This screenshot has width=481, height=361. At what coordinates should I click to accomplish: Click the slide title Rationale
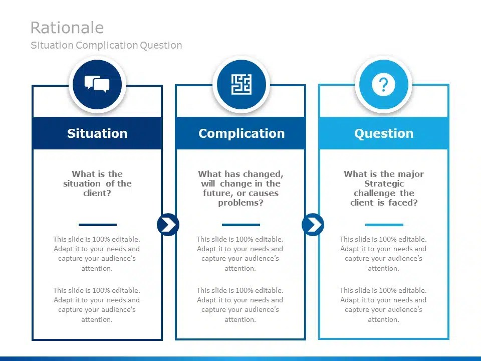pos(67,28)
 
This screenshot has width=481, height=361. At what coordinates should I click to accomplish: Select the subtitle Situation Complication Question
pos(106,45)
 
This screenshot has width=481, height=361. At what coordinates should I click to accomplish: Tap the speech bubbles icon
pos(97,84)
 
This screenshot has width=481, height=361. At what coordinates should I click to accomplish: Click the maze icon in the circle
pos(241,84)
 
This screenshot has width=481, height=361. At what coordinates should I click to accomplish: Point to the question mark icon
pos(383,85)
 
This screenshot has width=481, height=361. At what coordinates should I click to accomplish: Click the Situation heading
pos(97,133)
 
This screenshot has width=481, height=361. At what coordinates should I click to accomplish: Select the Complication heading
pos(241,133)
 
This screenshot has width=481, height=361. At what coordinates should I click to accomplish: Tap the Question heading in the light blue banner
pos(384,133)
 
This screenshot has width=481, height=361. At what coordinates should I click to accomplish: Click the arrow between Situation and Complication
pos(168,225)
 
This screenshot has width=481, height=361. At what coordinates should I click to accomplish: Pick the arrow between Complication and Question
pos(313,225)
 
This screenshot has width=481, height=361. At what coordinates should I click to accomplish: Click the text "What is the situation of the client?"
pos(97,184)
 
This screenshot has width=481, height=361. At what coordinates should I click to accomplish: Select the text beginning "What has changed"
pos(241,188)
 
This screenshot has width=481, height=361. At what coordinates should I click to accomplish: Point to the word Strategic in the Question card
pos(384,184)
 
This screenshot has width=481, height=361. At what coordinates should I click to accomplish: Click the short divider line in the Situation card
pos(97,225)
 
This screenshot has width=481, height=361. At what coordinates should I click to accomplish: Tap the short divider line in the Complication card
pos(241,225)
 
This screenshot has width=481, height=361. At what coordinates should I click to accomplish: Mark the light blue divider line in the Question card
pos(384,225)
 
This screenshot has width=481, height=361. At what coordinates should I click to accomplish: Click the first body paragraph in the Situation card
pos(97,254)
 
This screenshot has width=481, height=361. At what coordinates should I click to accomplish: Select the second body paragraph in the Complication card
pos(240,305)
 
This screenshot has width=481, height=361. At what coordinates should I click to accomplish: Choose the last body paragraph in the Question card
pos(383,305)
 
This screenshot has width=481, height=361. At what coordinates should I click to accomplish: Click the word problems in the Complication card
pos(241,203)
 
